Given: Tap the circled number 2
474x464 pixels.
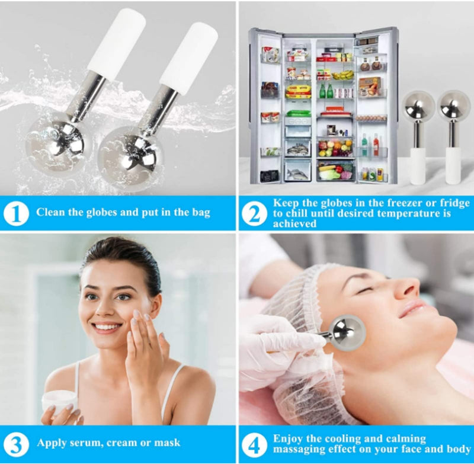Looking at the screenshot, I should coord(255,213).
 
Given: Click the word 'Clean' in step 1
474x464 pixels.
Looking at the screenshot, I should coord(52,212).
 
